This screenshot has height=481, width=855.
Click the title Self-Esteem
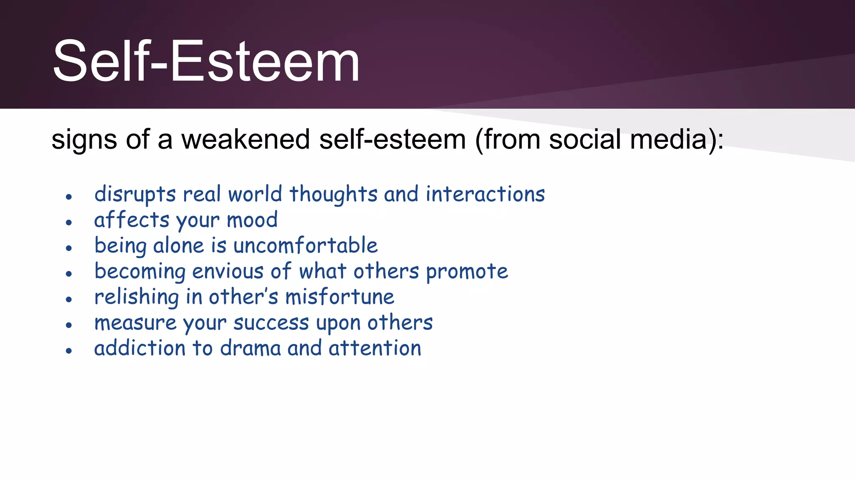[x=206, y=61]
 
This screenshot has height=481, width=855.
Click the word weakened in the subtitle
[x=245, y=139]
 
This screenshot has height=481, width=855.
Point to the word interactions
[x=485, y=195]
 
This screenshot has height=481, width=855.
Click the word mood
[x=252, y=220]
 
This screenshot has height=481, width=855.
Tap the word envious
[x=228, y=271]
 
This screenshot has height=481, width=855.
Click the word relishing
[x=137, y=298]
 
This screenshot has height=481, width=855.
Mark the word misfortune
[x=339, y=297]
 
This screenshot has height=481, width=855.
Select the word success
[x=271, y=323]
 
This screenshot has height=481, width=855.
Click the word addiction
[x=139, y=349]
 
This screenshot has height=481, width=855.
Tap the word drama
[x=250, y=349]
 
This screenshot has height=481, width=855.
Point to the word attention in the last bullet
[x=374, y=349]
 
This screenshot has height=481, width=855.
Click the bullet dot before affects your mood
[x=69, y=223]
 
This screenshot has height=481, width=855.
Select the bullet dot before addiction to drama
[x=69, y=351]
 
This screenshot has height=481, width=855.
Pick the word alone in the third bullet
[x=178, y=246]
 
